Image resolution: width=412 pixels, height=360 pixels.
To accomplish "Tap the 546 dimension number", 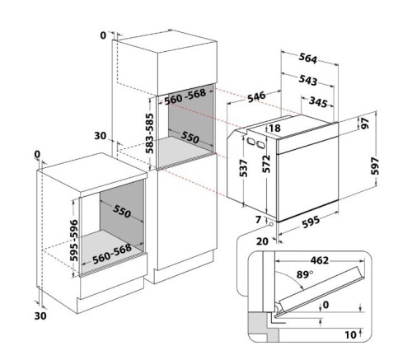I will pos(256,97).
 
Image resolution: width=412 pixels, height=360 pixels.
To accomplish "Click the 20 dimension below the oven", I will pos(261,241).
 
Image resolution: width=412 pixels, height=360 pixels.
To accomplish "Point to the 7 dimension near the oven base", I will pos(258,220).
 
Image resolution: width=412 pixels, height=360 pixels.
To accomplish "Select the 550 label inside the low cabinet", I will pos(122,213).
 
